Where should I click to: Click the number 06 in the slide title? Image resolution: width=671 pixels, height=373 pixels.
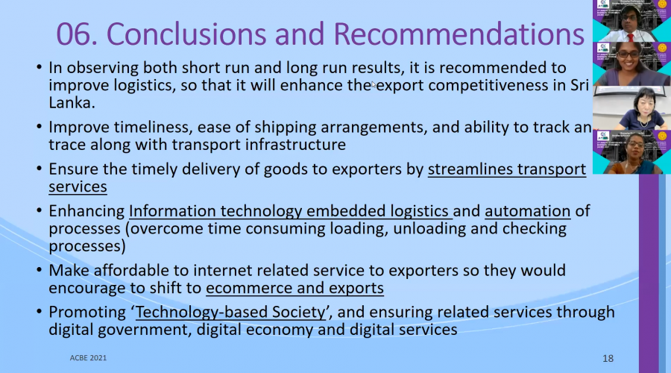click(77, 34)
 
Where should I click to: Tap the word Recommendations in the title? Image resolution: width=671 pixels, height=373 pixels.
click(459, 34)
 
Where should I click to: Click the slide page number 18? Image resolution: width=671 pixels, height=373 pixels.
click(608, 358)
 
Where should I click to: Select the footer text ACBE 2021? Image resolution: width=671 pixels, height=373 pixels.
click(88, 358)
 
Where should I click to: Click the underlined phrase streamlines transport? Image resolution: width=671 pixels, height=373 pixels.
click(507, 169)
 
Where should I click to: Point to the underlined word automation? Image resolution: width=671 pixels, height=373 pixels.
click(528, 210)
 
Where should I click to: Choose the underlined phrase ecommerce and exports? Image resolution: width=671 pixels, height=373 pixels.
click(294, 288)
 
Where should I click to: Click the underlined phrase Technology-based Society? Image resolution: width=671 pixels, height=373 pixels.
click(230, 312)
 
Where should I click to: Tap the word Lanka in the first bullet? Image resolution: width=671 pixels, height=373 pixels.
click(70, 103)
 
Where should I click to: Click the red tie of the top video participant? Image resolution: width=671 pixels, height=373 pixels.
click(630, 38)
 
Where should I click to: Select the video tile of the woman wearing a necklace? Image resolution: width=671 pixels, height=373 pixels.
click(631, 108)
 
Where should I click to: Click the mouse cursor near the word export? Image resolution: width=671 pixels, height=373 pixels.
click(374, 84)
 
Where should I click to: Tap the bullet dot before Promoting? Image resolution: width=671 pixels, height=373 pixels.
click(40, 312)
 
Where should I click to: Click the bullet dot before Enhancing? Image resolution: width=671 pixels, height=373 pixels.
click(40, 210)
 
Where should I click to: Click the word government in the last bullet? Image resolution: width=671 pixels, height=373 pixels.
click(142, 330)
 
